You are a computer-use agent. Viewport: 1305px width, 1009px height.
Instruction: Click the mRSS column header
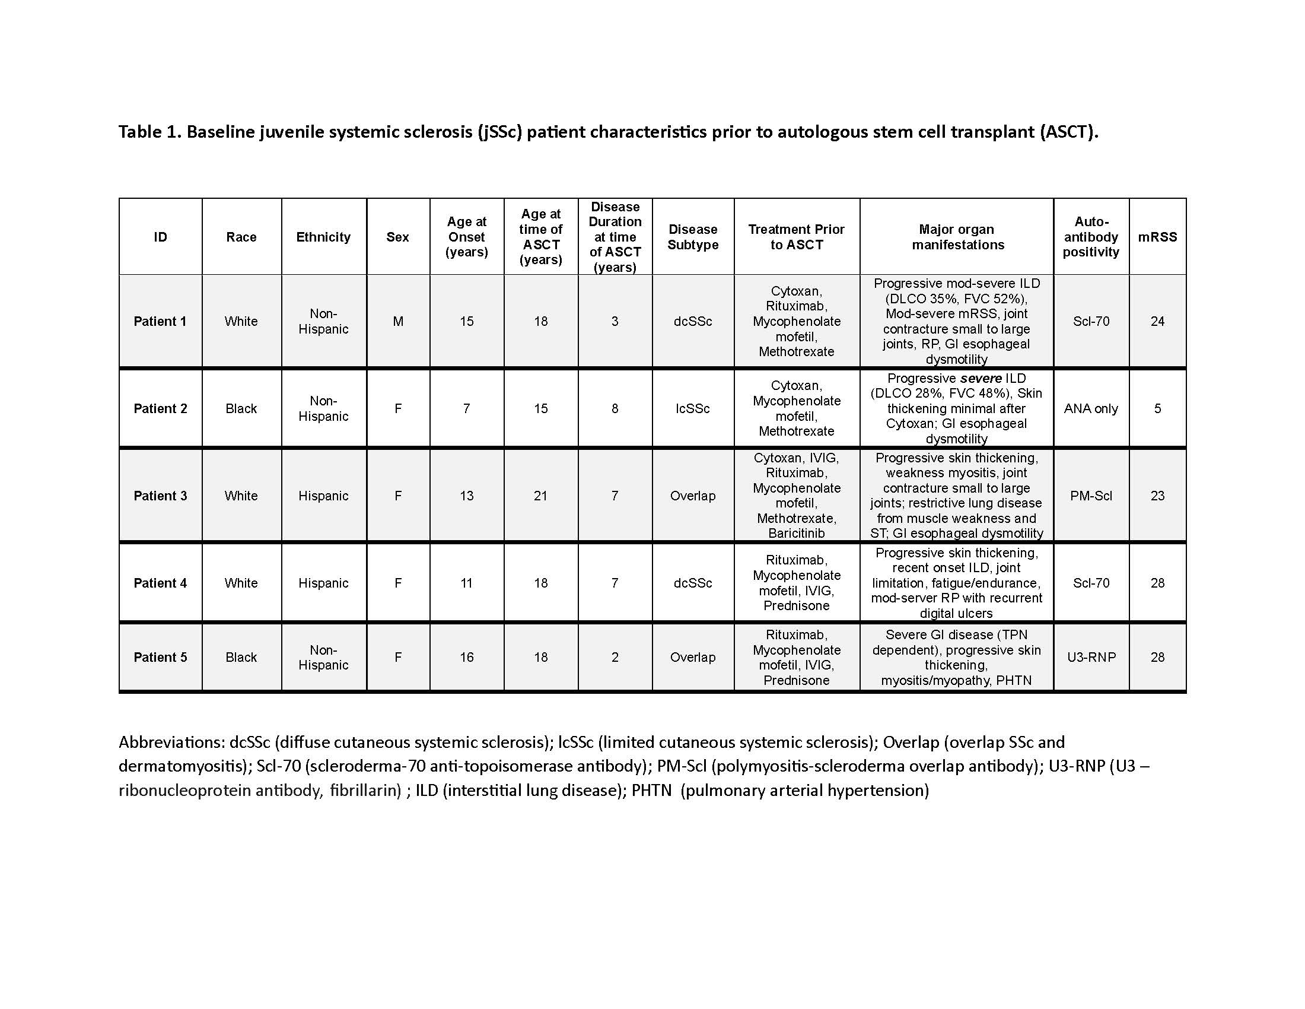(1157, 237)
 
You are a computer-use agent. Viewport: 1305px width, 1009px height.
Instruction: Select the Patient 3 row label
(160, 496)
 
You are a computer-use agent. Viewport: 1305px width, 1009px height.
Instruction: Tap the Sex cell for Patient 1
(398, 321)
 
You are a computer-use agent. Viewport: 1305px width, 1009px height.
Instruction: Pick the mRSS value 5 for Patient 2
(1157, 408)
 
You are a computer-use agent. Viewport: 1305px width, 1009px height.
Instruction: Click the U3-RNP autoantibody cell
(1091, 657)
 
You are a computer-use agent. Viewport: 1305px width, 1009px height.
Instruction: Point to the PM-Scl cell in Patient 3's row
(1091, 496)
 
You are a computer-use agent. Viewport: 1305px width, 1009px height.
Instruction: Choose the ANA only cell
(1090, 408)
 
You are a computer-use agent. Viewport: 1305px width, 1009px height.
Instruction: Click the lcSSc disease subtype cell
(692, 408)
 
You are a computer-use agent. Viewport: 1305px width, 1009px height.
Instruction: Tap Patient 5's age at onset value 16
(467, 657)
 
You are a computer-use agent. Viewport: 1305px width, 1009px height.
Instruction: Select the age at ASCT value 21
(541, 496)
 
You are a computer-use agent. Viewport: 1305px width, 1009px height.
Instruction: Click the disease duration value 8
(615, 408)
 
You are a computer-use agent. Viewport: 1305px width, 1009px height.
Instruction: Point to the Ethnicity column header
(323, 237)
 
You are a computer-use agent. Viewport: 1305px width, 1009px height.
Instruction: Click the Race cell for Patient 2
(241, 408)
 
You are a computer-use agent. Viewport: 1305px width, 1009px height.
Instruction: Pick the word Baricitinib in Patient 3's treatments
(797, 533)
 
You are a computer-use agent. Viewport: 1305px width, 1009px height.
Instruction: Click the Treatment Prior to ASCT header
(797, 237)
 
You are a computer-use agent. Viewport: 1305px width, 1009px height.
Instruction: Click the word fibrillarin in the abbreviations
(364, 790)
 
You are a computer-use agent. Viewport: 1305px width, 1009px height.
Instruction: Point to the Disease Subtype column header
(692, 237)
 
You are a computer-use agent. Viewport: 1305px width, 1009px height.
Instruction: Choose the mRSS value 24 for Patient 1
(1157, 321)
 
